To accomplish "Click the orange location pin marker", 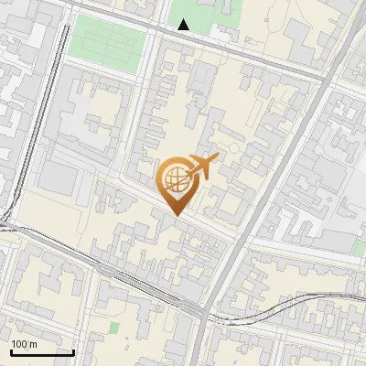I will [176, 183].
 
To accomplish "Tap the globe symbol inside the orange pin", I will [176, 179].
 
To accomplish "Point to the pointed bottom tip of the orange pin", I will [176, 216].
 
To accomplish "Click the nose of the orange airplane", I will [218, 158].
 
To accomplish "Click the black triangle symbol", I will [184, 25].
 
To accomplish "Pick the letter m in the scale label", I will [34, 344].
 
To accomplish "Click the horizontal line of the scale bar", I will [42, 352].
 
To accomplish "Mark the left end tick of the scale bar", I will [11, 350].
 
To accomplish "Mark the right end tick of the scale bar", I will [73, 350].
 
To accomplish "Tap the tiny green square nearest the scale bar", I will [114, 327].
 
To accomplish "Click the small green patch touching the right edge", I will [360, 246].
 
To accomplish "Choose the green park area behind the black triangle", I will [197, 14].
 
